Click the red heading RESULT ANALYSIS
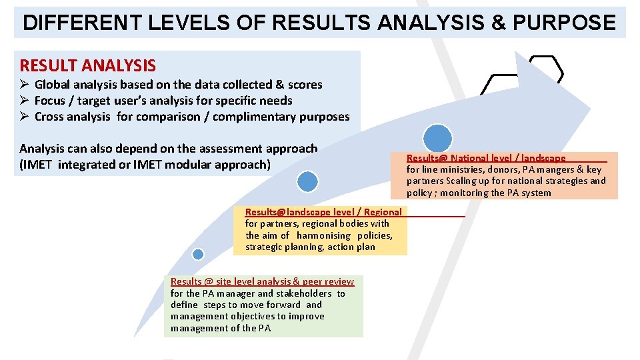point(87,65)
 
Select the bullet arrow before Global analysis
point(25,85)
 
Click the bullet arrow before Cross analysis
point(25,117)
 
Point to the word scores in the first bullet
point(305,85)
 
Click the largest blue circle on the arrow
point(438,138)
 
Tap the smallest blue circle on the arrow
point(198,254)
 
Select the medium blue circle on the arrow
point(307,181)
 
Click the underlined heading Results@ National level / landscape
point(486,158)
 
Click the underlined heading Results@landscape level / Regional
point(323,212)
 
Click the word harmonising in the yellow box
point(323,235)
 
